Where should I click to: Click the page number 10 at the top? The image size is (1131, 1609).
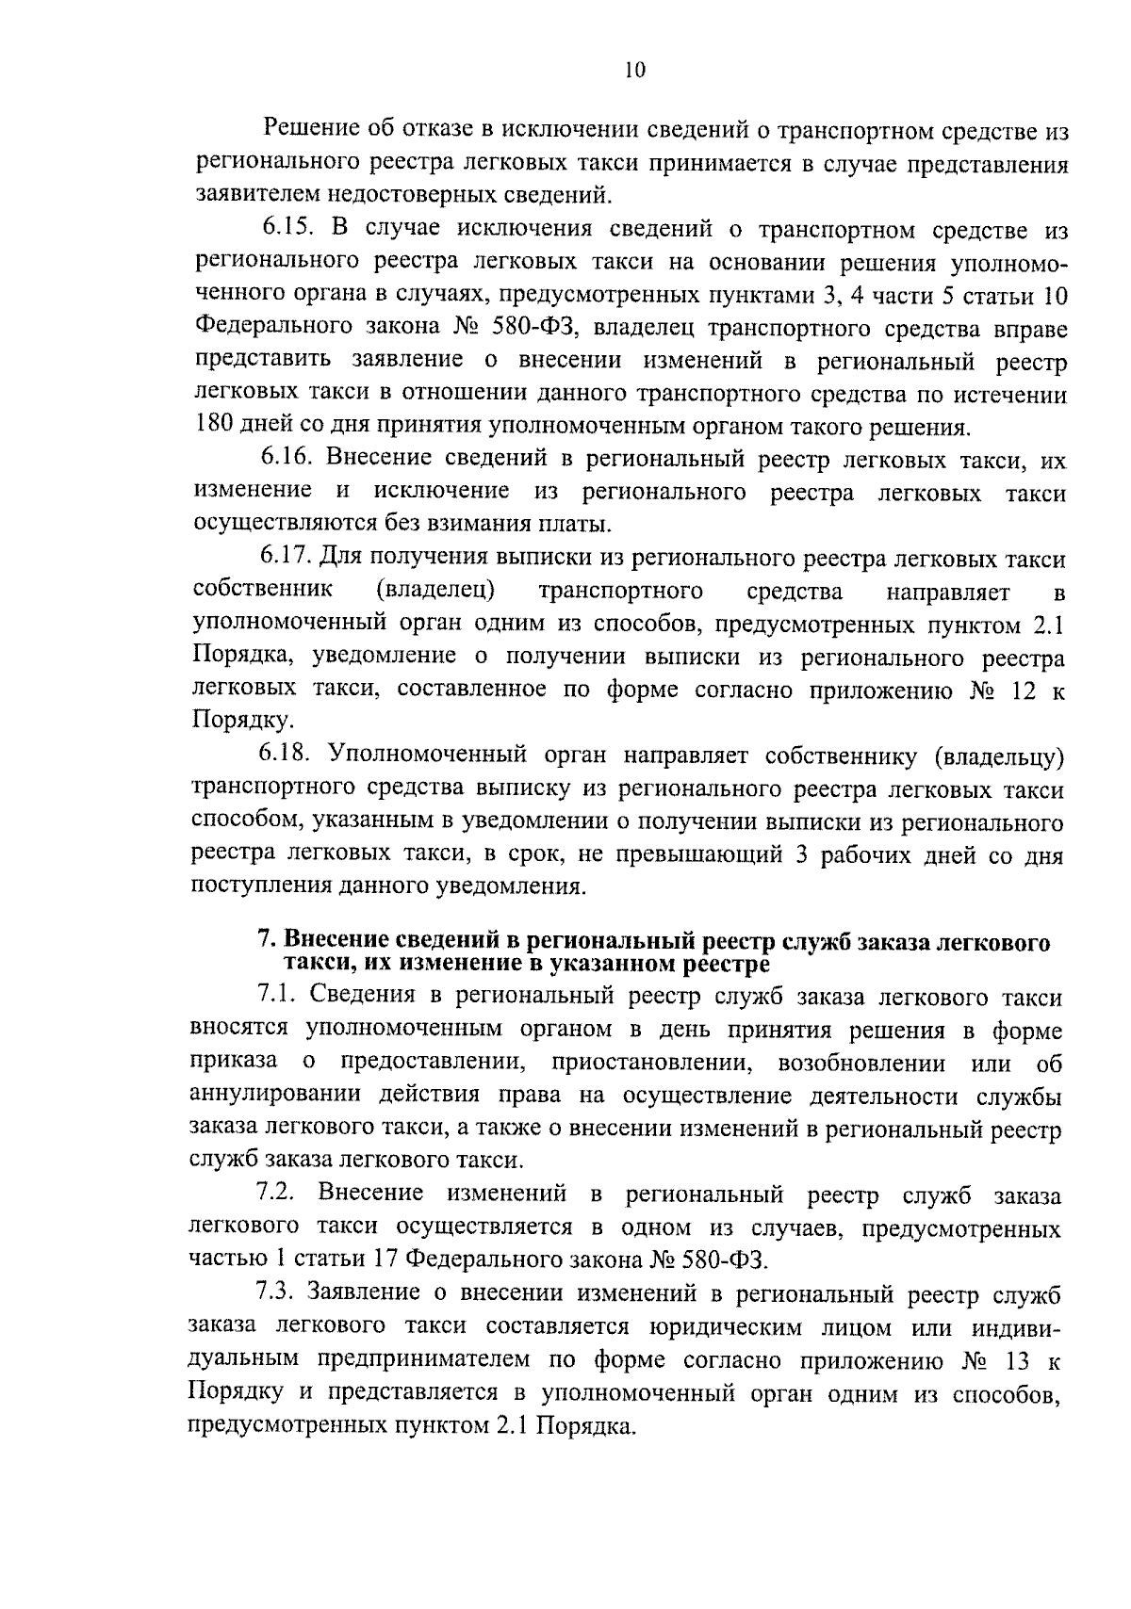point(633,71)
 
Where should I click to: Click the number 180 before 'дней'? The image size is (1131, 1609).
point(212,427)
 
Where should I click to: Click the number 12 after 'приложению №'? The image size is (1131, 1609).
point(1016,690)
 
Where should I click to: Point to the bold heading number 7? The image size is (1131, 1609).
point(266,941)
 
